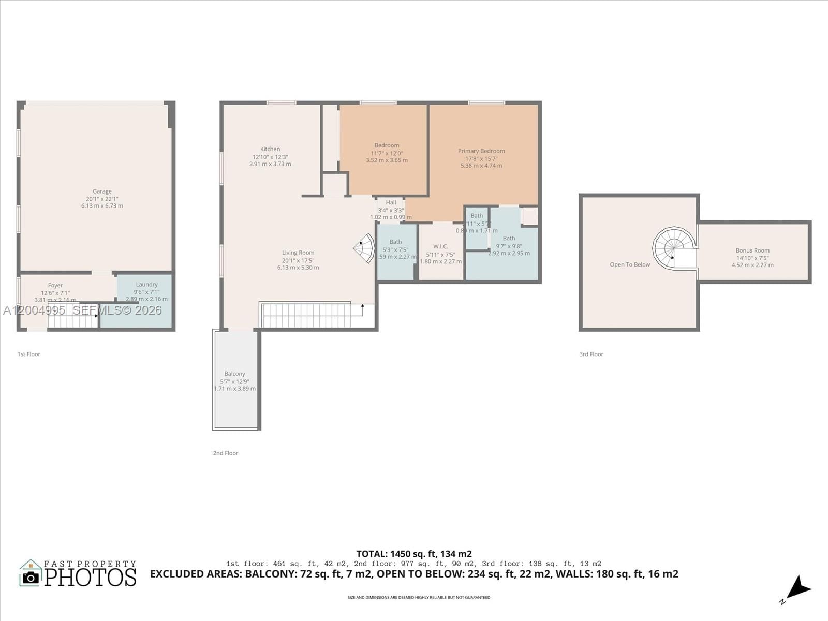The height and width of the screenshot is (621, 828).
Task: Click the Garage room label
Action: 102,191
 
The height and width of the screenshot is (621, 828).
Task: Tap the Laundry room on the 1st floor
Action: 146,285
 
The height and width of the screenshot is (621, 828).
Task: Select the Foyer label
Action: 55,285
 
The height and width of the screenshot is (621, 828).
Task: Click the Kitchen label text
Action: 270,149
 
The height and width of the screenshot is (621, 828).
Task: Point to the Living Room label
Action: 298,253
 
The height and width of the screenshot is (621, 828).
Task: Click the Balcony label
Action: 234,374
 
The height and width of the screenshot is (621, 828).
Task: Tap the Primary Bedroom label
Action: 481,151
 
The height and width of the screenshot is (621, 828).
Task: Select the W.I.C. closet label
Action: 440,246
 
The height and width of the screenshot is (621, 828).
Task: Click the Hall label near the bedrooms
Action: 391,203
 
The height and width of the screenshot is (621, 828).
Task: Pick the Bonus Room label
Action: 752,250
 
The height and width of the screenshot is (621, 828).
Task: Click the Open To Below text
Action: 630,264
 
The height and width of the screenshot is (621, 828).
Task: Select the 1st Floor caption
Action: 29,354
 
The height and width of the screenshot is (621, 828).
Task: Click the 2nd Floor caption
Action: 226,453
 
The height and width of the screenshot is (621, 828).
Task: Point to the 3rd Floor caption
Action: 591,354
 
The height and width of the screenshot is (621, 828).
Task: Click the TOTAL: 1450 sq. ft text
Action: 413,554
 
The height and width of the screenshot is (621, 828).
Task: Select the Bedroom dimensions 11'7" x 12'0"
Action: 387,153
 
